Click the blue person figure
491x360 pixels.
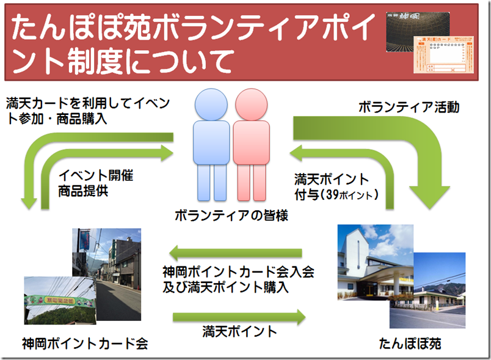(x=211, y=144)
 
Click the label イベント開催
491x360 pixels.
(x=96, y=177)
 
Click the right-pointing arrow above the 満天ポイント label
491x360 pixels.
(x=239, y=316)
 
